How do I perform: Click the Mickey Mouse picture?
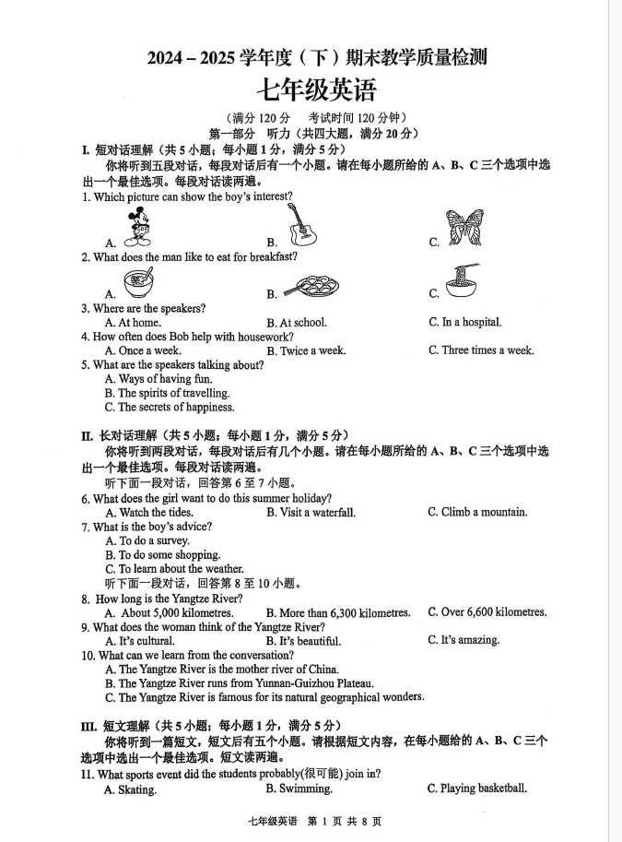pos(138,227)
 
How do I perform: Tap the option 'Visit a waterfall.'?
pos(317,513)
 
